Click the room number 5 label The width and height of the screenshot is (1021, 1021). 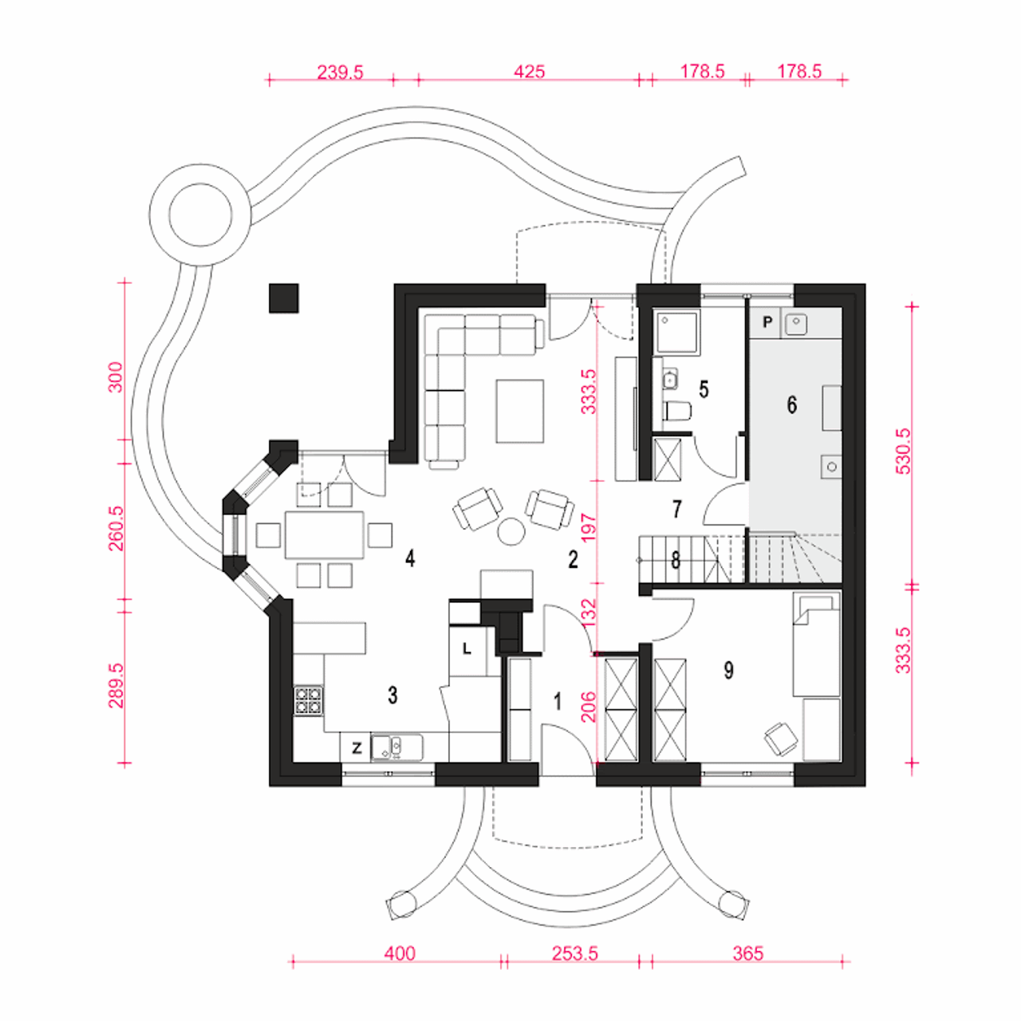(703, 389)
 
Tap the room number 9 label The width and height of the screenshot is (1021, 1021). (728, 670)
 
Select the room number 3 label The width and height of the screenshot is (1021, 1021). (392, 695)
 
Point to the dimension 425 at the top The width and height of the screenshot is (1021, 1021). (529, 72)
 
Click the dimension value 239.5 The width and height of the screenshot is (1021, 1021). (340, 72)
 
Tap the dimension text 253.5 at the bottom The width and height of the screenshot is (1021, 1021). (574, 954)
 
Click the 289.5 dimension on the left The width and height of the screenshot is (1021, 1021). (116, 686)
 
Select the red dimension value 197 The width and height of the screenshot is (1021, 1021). (589, 527)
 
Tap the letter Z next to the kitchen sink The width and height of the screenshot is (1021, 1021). (357, 748)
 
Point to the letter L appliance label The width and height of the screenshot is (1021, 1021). (467, 648)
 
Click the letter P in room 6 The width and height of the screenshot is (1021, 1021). (767, 321)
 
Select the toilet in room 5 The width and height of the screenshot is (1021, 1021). (678, 411)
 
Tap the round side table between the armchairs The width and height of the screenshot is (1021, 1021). (511, 531)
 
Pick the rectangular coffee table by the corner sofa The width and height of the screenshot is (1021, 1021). (520, 411)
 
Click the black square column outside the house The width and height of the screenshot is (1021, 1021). (283, 298)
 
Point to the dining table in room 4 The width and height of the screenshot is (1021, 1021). (325, 534)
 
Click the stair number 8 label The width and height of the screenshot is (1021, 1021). (676, 560)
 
